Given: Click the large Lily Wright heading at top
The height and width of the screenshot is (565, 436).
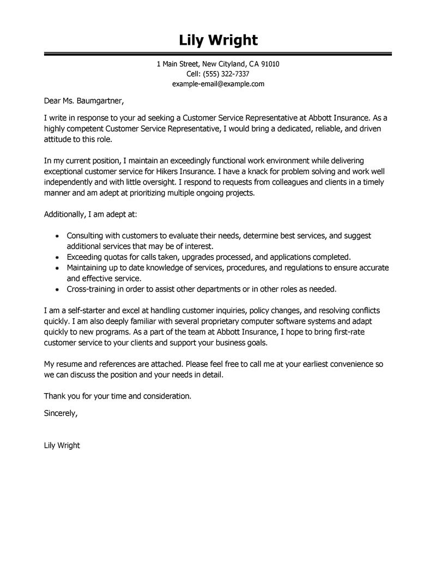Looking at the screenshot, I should point(218,40).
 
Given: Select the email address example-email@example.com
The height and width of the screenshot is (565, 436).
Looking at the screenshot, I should point(218,84).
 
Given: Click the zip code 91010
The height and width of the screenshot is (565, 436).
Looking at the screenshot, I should point(270,64).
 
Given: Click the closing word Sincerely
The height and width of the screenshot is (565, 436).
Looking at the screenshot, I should point(60,414).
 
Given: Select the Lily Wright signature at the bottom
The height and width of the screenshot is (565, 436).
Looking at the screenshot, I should point(62,445).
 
